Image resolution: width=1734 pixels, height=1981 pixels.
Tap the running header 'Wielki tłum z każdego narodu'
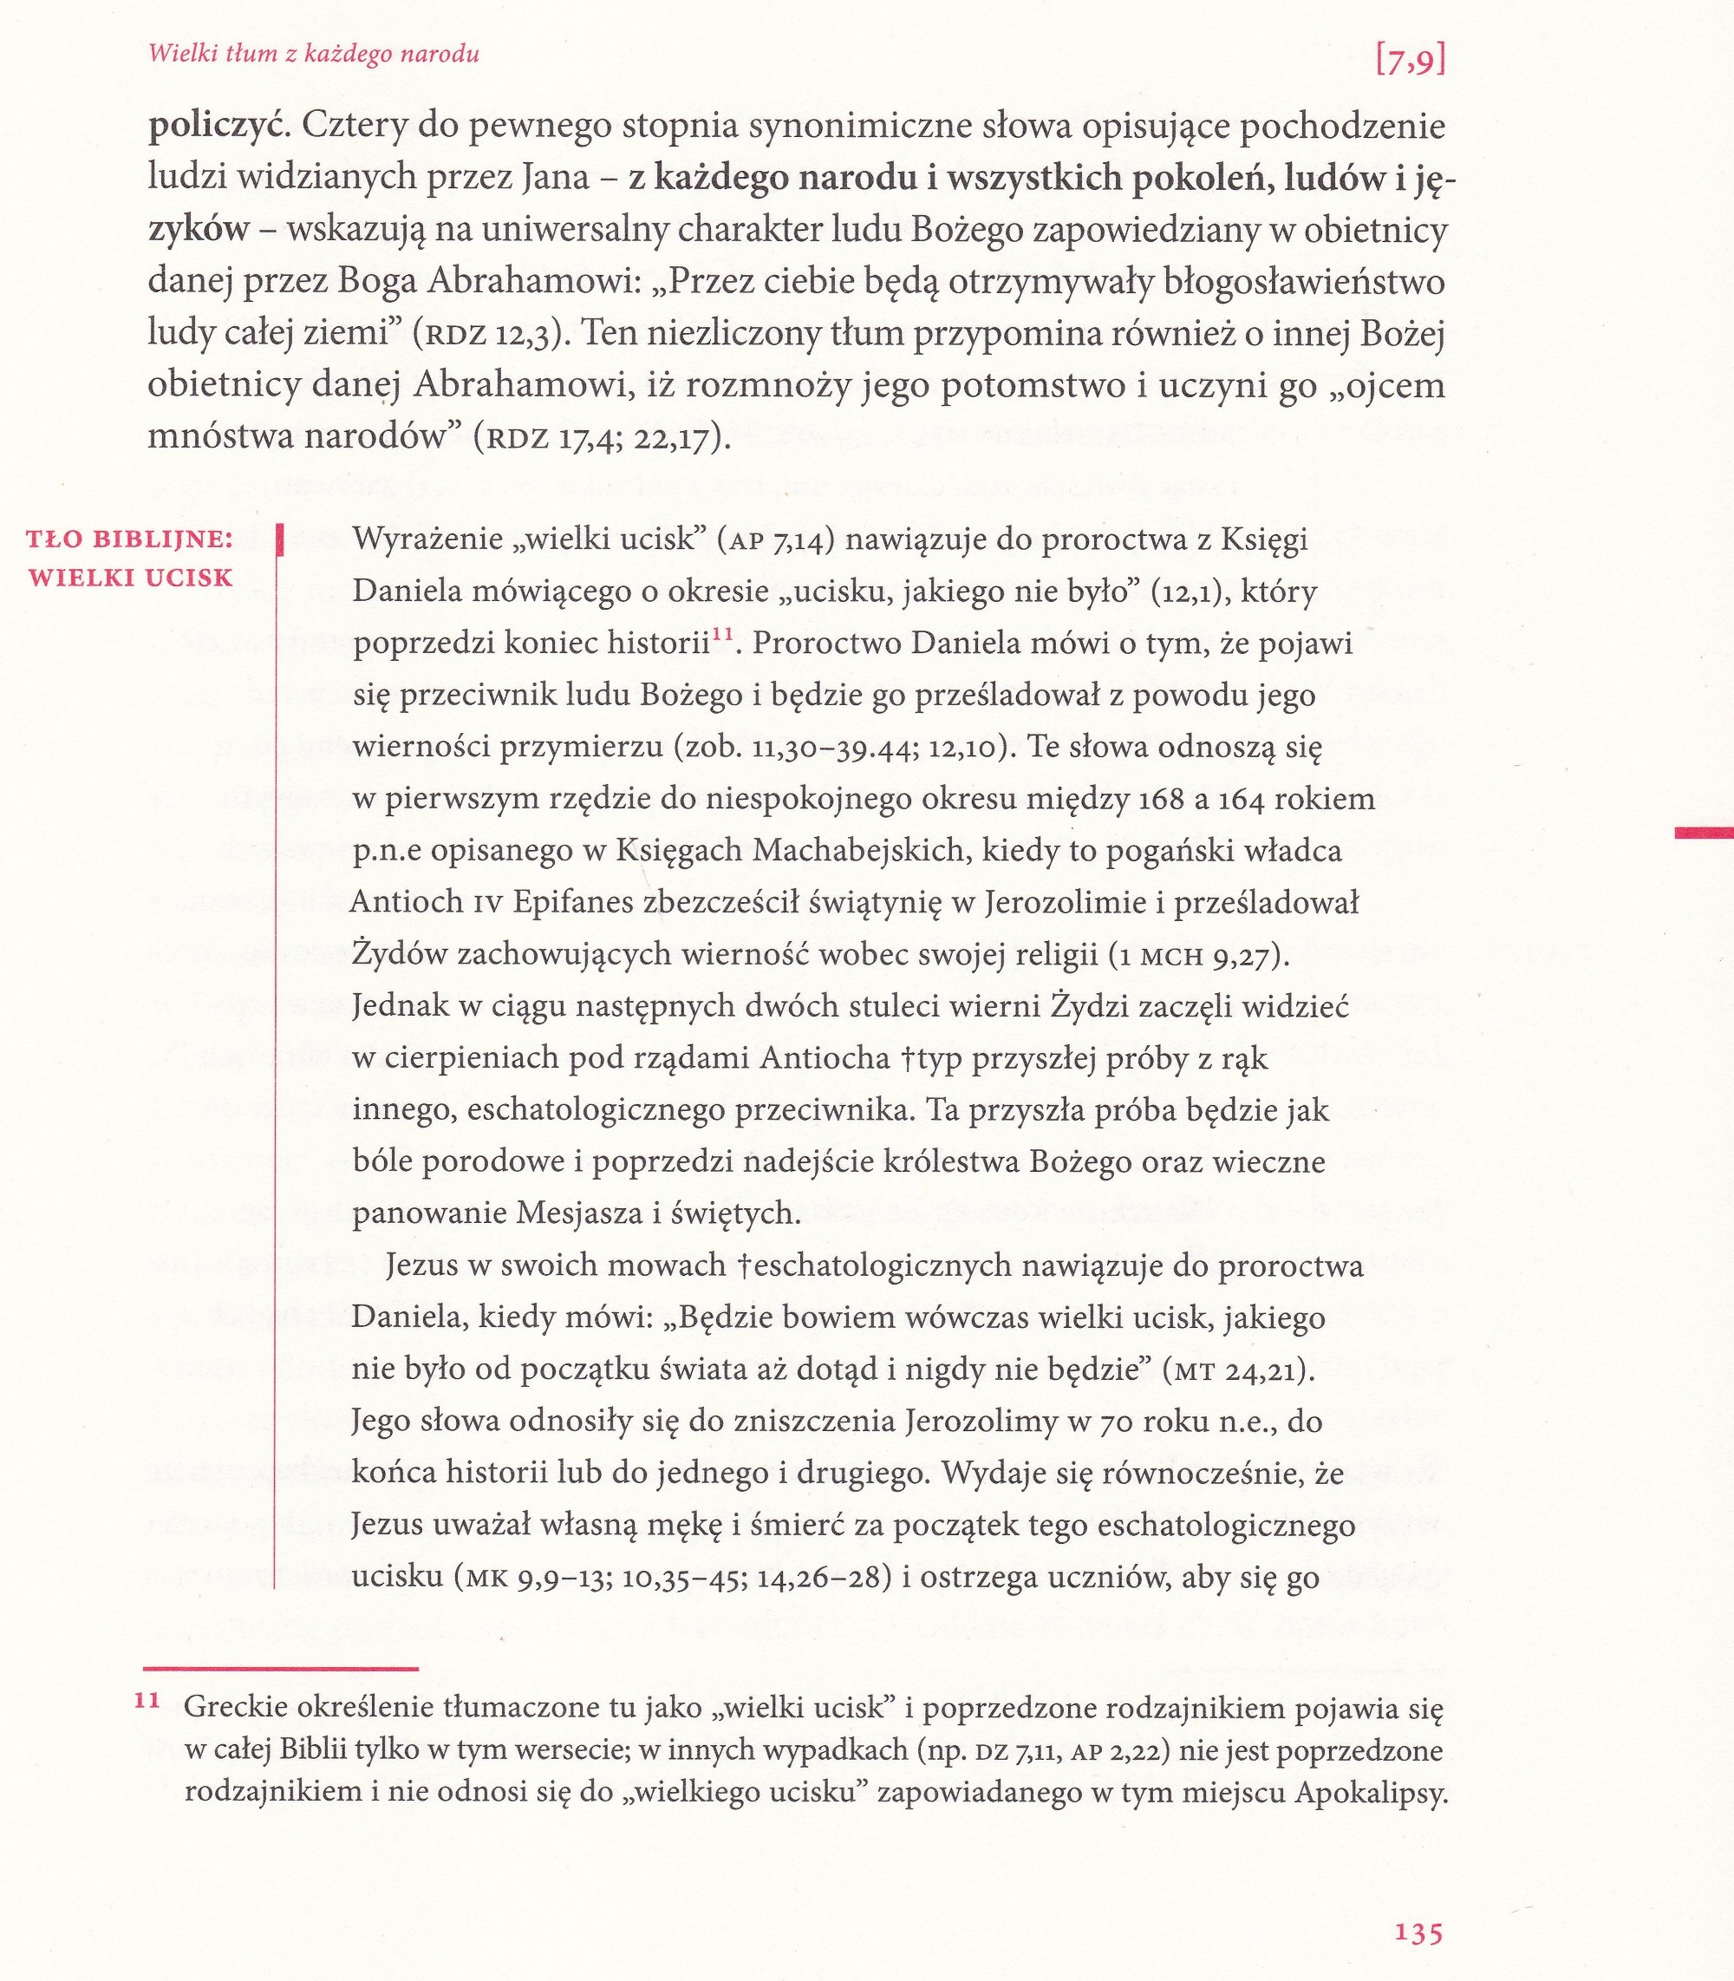pyautogui.click(x=314, y=54)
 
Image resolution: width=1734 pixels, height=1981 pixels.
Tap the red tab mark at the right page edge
pyautogui.click(x=1703, y=830)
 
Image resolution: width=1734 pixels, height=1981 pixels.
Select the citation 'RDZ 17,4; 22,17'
pyautogui.click(x=600, y=438)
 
